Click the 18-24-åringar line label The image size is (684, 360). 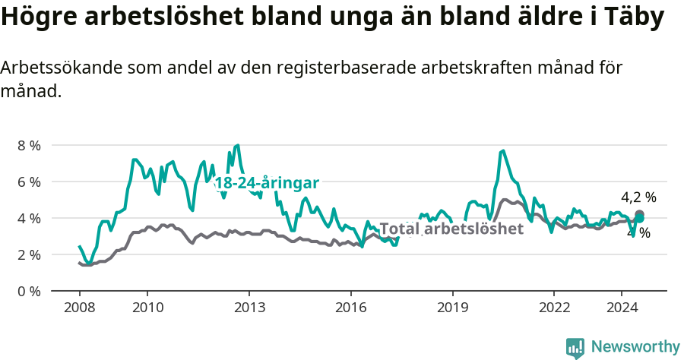coord(267,183)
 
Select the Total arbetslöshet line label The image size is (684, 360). coord(451,229)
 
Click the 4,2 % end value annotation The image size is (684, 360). coord(638,198)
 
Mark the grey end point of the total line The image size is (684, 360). coord(640,215)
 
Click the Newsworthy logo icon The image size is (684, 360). coord(575,348)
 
